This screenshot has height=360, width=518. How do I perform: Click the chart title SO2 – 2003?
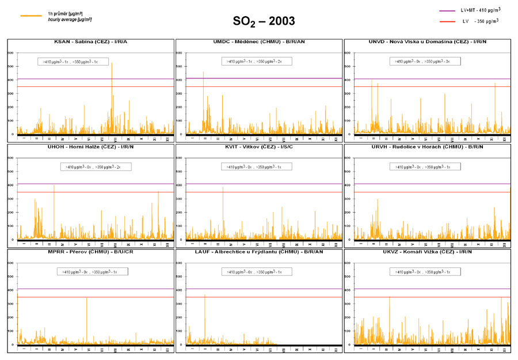(264, 22)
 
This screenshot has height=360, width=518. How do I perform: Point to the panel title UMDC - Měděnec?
(259, 42)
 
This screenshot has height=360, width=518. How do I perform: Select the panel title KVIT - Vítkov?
(259, 148)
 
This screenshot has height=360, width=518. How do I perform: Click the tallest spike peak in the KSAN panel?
(112, 63)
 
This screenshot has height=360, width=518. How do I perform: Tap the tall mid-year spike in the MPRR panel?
(87, 298)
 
